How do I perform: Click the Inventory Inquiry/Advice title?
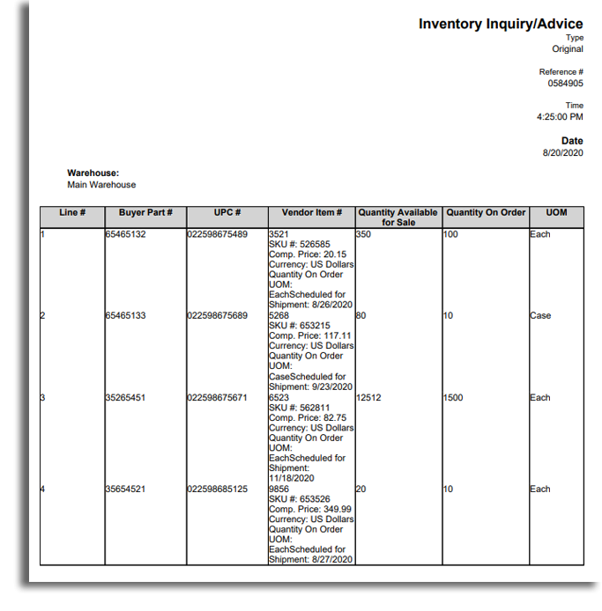(x=501, y=24)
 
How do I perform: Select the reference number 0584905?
(x=565, y=84)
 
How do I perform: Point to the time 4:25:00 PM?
(x=560, y=117)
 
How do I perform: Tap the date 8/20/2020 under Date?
(x=562, y=153)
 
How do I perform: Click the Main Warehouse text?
(x=101, y=185)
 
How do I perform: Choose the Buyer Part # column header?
(x=145, y=213)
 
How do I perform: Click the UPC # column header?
(x=227, y=213)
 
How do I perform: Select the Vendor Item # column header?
(x=311, y=213)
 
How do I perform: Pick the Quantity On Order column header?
(x=486, y=213)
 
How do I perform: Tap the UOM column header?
(x=556, y=213)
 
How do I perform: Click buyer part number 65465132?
(x=125, y=234)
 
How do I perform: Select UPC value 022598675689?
(x=218, y=316)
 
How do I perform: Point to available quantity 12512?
(x=369, y=398)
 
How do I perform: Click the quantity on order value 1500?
(x=455, y=398)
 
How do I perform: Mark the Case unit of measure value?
(x=540, y=316)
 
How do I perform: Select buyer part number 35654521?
(x=125, y=490)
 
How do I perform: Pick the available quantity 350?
(x=364, y=234)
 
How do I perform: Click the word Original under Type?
(x=567, y=49)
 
